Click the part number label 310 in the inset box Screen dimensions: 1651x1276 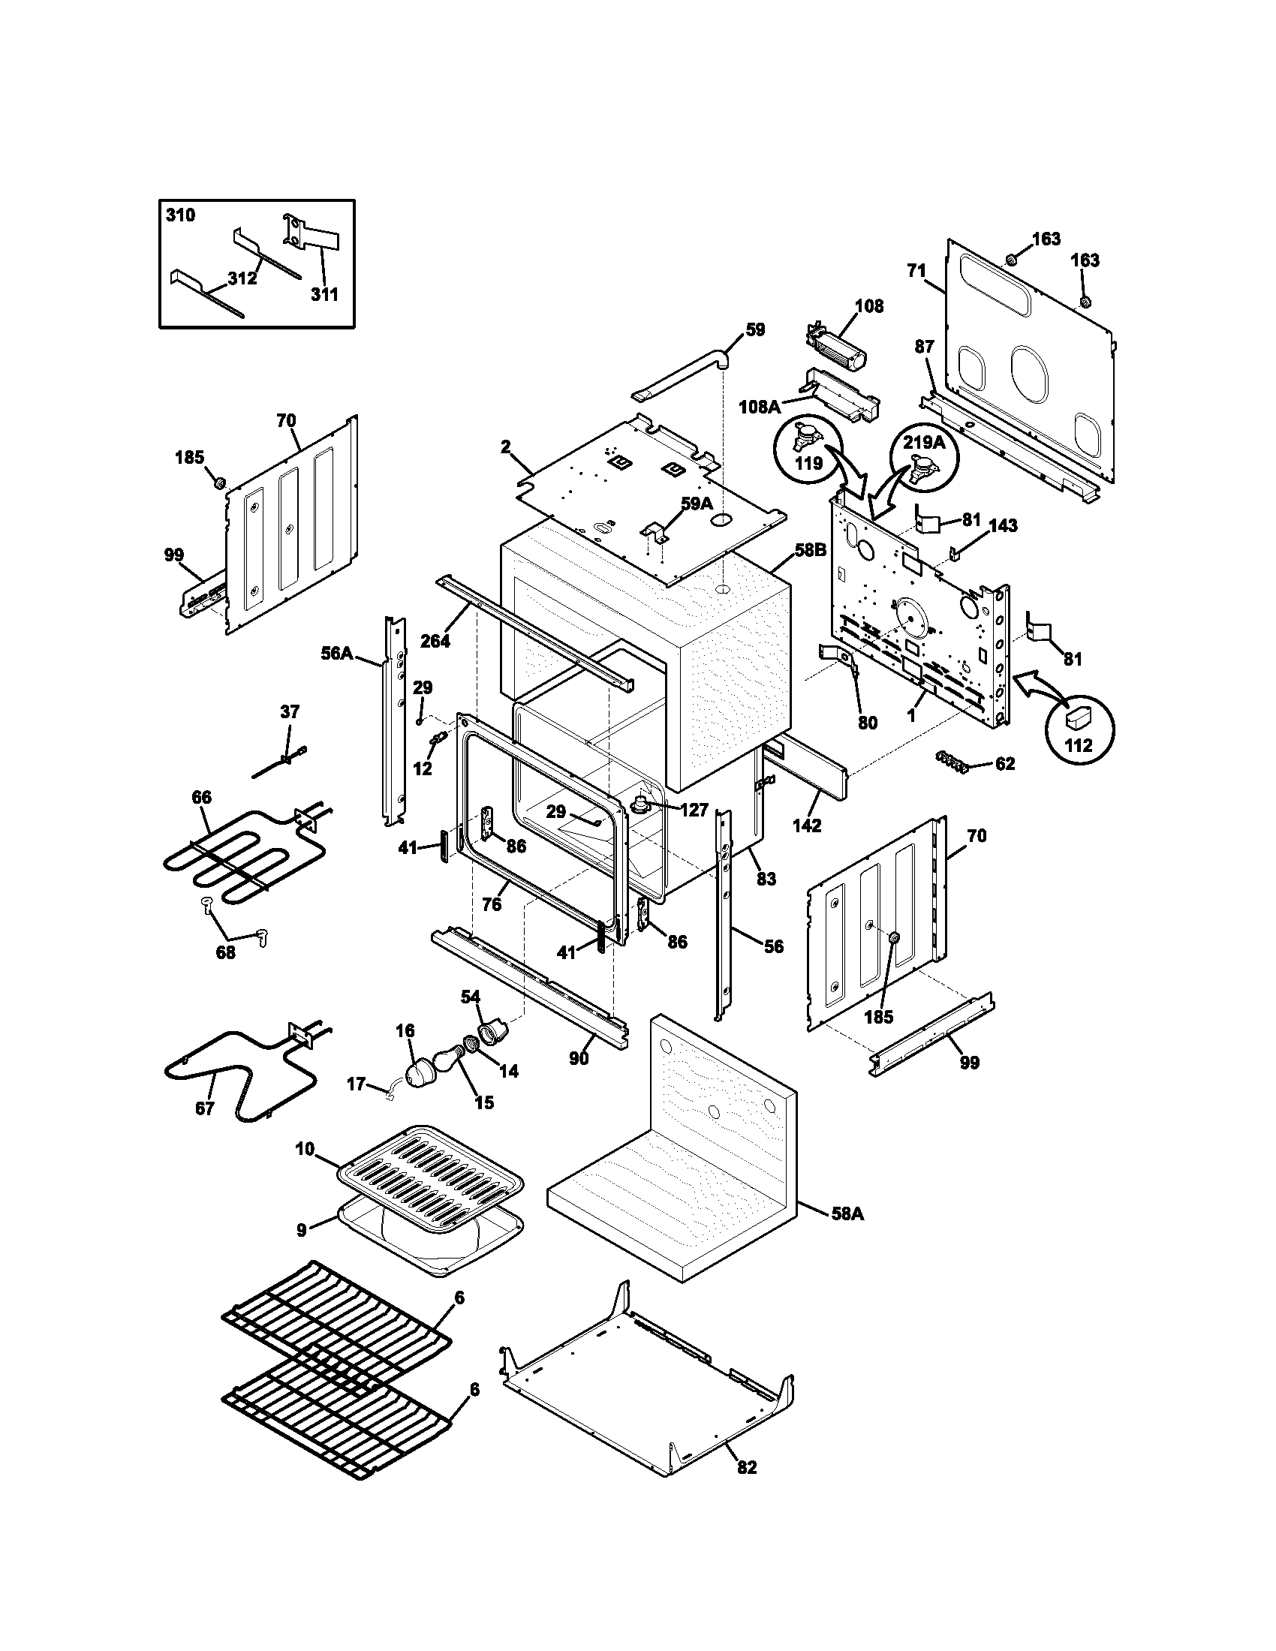[x=180, y=215]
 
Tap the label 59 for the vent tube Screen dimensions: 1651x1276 [x=754, y=329]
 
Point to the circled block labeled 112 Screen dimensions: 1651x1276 [x=1078, y=728]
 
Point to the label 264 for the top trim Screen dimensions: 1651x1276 [x=435, y=641]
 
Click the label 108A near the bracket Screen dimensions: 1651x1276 [x=759, y=407]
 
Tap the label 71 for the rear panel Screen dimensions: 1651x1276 [x=916, y=271]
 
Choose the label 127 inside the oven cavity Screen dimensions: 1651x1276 [x=694, y=810]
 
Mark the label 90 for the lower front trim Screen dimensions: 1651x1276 [x=578, y=1059]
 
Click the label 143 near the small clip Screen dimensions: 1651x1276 [x=1002, y=525]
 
